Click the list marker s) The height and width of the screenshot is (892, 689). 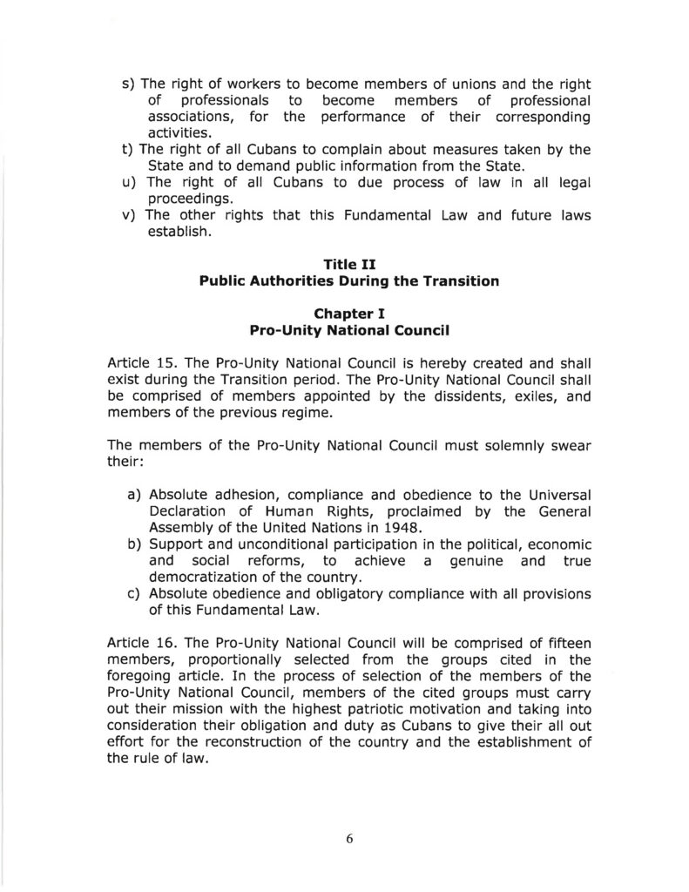pos(128,84)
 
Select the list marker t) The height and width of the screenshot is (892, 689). pos(127,150)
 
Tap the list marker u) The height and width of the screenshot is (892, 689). pos(128,183)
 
